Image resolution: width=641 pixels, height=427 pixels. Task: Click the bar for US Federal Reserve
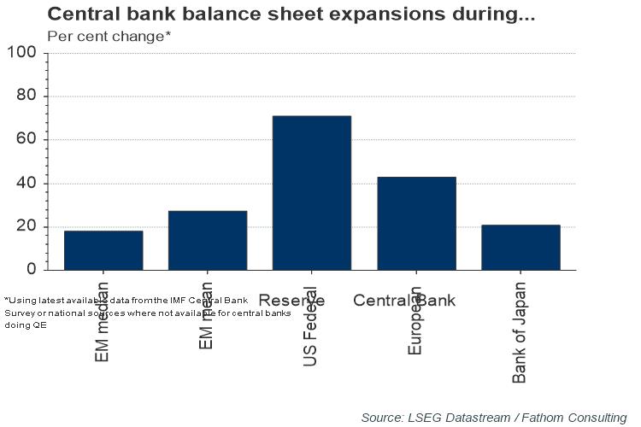coord(311,192)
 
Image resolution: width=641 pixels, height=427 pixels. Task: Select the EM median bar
coord(103,249)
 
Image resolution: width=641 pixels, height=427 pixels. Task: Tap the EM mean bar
coord(208,240)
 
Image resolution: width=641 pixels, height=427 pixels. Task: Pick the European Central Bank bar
coord(416,223)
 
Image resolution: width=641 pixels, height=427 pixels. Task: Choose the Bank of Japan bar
coord(520,247)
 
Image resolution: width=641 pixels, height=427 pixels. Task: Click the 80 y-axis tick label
coord(26,97)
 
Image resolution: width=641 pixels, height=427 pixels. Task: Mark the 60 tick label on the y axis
coord(26,140)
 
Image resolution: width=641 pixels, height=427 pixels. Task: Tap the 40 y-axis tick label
coord(26,184)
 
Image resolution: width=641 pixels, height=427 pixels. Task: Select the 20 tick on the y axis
coord(26,227)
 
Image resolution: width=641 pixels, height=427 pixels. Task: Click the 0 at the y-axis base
coord(32,270)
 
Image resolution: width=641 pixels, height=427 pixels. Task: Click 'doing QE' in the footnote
coord(26,325)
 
